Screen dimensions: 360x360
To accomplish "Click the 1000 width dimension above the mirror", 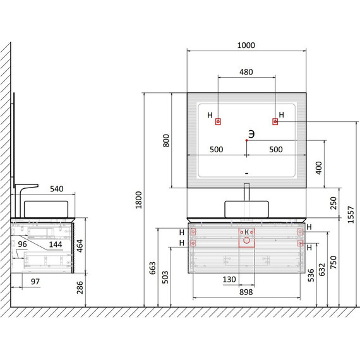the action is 246,45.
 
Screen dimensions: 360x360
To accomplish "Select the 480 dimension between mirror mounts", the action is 246,72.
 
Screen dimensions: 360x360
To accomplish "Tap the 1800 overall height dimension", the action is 139,200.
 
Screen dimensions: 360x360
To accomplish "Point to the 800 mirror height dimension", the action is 165,140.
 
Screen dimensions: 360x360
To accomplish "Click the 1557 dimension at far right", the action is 351,215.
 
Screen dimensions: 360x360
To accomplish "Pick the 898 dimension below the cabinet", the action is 246,292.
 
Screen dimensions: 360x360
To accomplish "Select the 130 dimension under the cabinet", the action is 229,279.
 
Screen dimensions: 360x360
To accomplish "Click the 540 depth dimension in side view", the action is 57,189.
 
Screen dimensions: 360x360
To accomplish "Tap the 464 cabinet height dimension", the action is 80,246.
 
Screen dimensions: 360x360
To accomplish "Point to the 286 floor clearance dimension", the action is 80,287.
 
